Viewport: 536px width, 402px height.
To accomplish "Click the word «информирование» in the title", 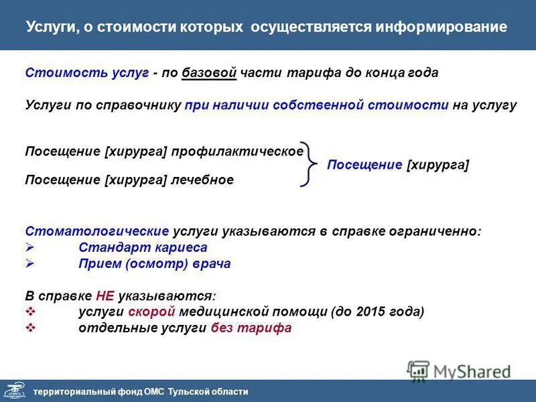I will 442,27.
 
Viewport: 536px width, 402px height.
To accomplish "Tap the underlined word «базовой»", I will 209,73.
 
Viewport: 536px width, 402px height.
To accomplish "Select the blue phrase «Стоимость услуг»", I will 86,73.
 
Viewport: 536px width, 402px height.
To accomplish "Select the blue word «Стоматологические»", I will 96,231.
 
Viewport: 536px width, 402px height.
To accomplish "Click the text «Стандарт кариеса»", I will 143,248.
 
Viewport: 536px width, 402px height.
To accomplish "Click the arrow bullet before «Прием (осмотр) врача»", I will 29,264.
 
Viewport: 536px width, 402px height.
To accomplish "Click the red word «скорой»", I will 159,312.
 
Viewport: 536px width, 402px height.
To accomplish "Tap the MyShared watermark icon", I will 419,371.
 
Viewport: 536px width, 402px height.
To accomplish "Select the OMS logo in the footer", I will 15,391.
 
